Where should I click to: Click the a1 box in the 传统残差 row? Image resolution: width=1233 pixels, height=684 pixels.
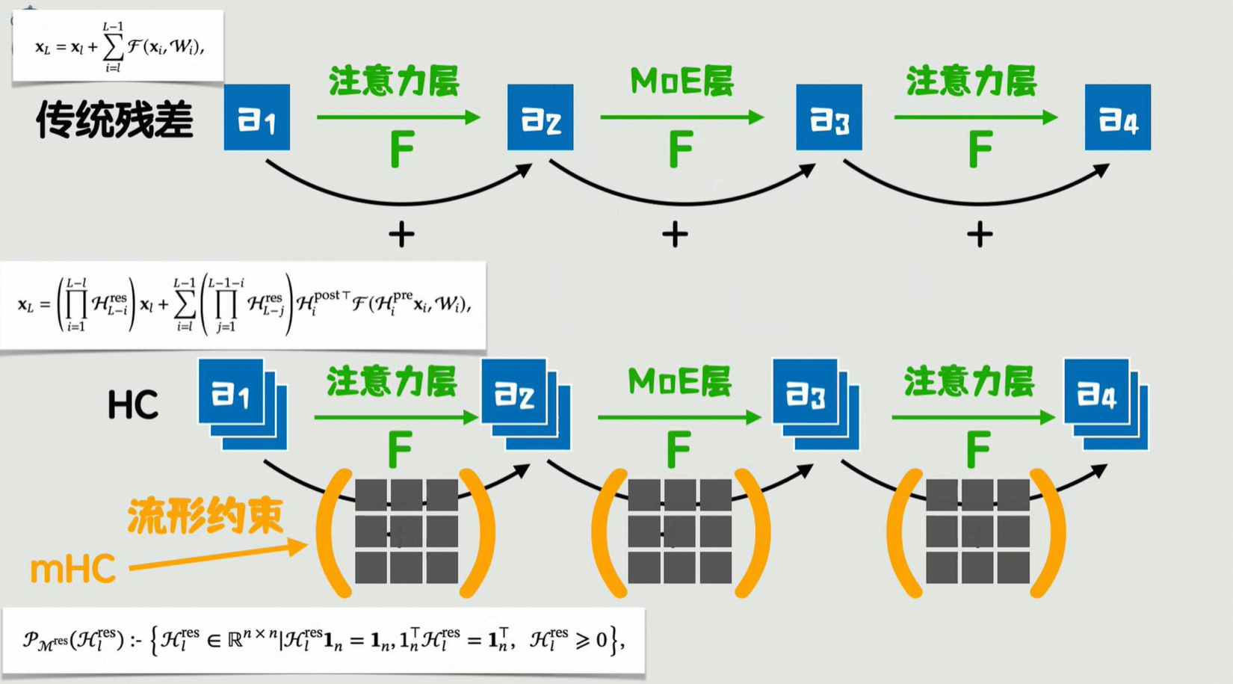256,117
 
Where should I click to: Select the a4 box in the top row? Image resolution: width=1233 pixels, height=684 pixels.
1117,117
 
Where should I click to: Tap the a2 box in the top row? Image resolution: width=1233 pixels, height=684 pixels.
540,117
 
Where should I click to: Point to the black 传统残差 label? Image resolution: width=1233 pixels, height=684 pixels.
114,120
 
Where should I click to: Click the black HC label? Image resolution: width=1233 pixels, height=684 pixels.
133,405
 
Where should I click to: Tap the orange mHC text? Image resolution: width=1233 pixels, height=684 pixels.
72,570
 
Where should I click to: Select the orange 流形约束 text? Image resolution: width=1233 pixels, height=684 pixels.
205,516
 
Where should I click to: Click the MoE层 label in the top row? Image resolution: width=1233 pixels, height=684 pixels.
682,81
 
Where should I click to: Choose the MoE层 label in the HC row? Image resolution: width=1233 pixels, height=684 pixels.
679,382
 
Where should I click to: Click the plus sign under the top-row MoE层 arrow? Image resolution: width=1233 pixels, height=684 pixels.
675,235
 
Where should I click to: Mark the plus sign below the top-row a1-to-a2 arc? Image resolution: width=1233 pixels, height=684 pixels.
401,235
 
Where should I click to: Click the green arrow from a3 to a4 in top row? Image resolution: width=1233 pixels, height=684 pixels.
975,117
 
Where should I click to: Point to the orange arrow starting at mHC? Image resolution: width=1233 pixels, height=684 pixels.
217,557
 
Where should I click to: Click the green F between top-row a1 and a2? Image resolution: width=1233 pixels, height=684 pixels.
402,150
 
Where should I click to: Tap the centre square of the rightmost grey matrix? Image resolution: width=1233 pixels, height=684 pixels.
977,532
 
